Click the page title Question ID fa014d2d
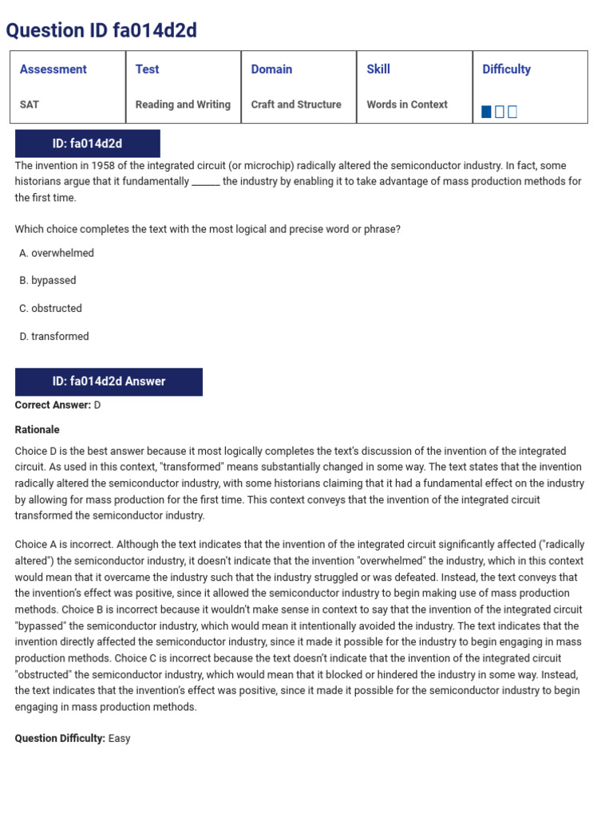(x=101, y=30)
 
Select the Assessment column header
(x=53, y=69)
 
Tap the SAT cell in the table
(x=30, y=105)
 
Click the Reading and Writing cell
(x=183, y=105)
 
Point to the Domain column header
(x=271, y=69)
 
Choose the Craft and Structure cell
(x=296, y=105)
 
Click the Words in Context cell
(x=407, y=105)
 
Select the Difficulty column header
(x=506, y=69)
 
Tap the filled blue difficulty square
(x=487, y=112)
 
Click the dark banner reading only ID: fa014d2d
(x=87, y=144)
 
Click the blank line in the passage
(x=205, y=182)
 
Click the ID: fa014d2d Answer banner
(x=109, y=381)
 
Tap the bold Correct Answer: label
(x=53, y=405)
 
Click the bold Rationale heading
(x=38, y=429)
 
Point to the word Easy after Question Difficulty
(x=119, y=739)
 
